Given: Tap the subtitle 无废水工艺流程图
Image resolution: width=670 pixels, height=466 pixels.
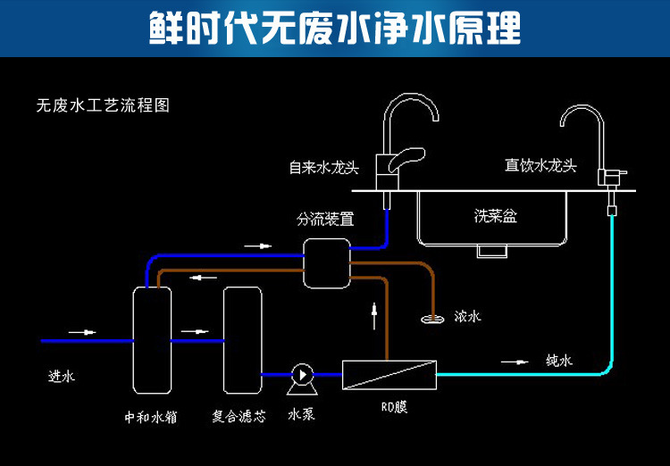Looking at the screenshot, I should (x=103, y=105).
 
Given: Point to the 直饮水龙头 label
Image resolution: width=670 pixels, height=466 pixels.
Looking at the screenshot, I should (x=540, y=166).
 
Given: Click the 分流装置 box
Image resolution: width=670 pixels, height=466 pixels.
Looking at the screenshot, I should (x=326, y=263).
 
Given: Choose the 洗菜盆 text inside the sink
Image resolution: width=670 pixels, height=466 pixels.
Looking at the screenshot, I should (x=495, y=215).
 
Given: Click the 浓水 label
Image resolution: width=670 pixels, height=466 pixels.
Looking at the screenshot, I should (x=467, y=316).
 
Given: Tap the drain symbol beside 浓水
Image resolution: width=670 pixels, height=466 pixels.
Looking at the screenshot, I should (x=433, y=319).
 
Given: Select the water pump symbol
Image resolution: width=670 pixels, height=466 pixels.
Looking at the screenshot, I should (x=300, y=376).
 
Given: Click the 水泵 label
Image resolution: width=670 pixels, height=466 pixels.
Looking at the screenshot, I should (x=301, y=415).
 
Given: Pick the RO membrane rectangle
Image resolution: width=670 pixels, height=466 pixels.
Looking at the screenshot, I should (x=389, y=373).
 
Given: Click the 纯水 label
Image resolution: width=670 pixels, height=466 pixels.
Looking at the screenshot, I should (x=558, y=361).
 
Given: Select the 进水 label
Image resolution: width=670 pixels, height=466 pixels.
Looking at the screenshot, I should (x=62, y=377).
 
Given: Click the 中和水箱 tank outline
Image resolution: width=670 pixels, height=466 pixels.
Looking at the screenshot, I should (x=152, y=340).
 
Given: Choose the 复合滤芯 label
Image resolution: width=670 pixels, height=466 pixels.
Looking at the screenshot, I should (x=239, y=415).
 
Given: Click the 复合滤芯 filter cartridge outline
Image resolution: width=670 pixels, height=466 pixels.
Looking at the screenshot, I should (x=242, y=340).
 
